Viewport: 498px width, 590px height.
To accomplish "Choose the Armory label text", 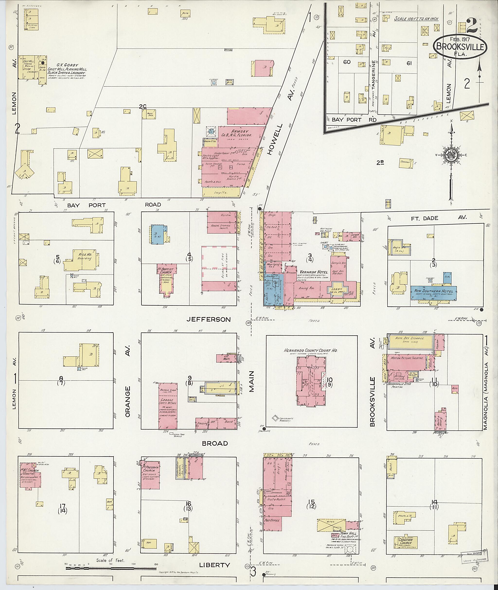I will click(x=240, y=131).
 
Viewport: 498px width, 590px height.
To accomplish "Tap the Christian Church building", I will click(x=405, y=541).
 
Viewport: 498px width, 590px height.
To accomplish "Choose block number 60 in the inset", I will click(x=347, y=62).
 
